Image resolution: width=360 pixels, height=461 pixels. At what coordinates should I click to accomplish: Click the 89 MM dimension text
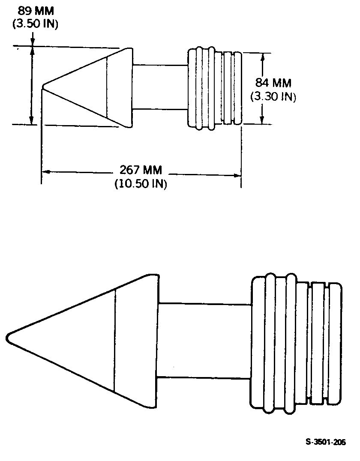point(36,11)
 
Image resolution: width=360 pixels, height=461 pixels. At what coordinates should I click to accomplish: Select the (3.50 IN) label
point(35,24)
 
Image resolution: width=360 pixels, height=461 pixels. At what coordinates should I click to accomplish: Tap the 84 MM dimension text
point(273,83)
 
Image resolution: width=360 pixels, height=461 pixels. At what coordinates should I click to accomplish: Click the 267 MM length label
point(141,170)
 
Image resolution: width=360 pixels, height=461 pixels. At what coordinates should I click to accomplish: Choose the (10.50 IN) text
point(141,184)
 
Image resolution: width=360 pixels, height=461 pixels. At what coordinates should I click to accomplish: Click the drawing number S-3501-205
point(326,442)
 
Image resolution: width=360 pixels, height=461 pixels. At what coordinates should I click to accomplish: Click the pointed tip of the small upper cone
point(43,87)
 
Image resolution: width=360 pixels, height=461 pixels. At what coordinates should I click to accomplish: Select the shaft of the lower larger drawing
point(204,341)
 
